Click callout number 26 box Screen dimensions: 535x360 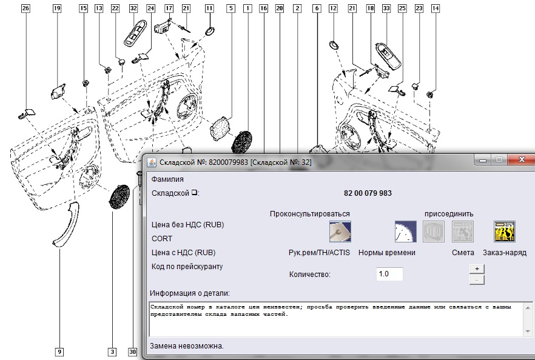point(25,8)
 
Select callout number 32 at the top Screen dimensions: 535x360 point(133,8)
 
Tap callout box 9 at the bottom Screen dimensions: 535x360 point(59,352)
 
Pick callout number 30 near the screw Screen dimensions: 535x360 point(133,352)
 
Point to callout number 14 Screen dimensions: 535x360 point(436,8)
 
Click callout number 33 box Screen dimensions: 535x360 point(386,8)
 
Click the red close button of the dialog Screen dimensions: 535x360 point(522,159)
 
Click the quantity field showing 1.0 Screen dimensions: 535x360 point(389,274)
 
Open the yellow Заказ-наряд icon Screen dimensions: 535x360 point(505,232)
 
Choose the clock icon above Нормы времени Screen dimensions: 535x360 point(406,232)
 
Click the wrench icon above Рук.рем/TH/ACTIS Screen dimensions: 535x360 point(340,232)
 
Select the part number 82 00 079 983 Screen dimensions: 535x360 point(368,193)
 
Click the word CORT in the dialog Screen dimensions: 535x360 point(162,239)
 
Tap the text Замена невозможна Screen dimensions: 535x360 point(187,346)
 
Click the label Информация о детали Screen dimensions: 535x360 point(190,293)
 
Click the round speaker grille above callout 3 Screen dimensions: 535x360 point(119,197)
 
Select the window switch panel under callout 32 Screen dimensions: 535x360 point(135,33)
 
